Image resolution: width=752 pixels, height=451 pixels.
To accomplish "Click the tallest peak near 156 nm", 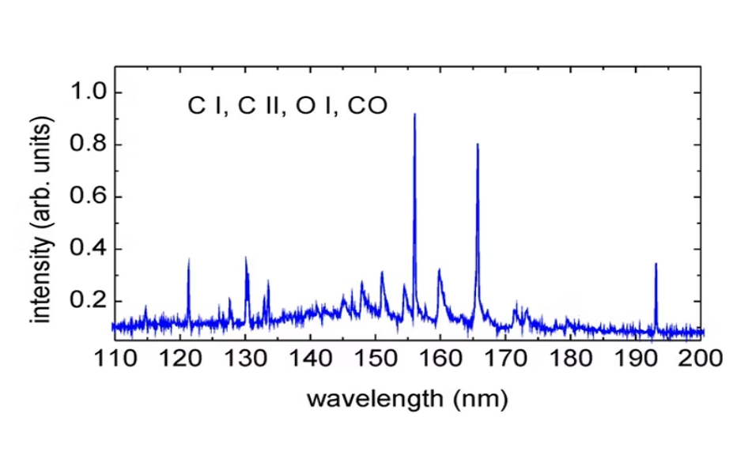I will pyautogui.click(x=414, y=115).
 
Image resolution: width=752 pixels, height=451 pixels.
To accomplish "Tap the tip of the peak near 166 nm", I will pyautogui.click(x=478, y=145).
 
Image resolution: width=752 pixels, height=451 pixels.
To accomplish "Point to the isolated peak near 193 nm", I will pyautogui.click(x=656, y=265).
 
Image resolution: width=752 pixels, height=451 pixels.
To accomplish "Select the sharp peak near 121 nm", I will pyautogui.click(x=188, y=260).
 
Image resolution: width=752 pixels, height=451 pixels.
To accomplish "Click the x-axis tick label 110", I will pyautogui.click(x=113, y=360).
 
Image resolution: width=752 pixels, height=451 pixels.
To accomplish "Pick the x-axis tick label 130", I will pyautogui.click(x=244, y=360).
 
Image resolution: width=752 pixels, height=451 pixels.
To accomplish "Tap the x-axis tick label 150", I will pyautogui.click(x=376, y=360).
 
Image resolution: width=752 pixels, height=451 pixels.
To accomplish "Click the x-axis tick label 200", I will pyautogui.click(x=702, y=360).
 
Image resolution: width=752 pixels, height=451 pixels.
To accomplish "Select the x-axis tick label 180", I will pyautogui.click(x=573, y=360).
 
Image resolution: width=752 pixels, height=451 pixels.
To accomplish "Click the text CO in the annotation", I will pyautogui.click(x=368, y=106).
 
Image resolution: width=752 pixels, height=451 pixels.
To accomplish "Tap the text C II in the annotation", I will pyautogui.click(x=263, y=106).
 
